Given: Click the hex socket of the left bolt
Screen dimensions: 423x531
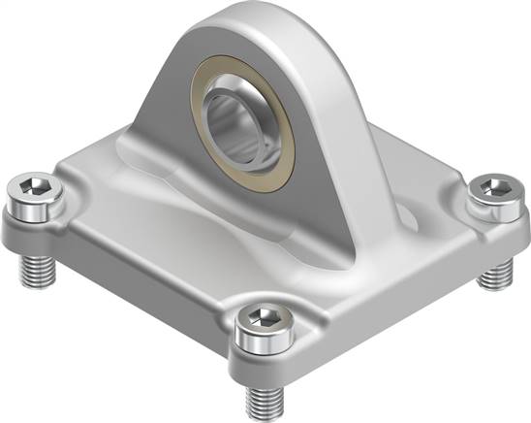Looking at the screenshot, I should [x=38, y=184].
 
